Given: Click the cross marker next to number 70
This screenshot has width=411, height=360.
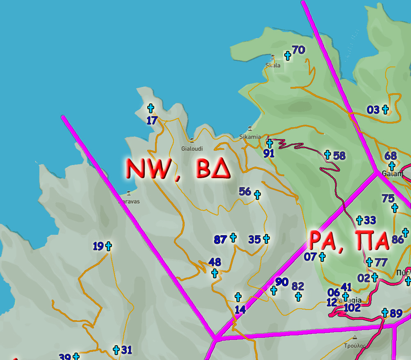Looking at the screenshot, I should point(288,55).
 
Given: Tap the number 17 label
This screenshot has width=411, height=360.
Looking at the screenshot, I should point(152,120).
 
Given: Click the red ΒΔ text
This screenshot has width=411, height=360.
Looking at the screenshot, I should point(213,168).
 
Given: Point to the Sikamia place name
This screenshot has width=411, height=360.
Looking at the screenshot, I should point(250,137).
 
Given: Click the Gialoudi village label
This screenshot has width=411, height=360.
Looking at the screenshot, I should point(192,149).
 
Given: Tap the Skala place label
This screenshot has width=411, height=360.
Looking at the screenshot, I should point(273,65).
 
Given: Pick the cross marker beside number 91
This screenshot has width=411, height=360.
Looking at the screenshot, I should point(269,143).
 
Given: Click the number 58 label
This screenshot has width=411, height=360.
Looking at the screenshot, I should point(339,156).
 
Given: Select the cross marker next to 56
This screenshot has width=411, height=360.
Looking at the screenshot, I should point(257,195).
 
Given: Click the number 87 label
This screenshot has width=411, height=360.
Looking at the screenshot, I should point(220,239).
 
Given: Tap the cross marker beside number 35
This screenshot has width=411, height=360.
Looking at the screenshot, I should point(266,238).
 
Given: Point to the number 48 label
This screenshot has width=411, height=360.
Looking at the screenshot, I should point(215,262).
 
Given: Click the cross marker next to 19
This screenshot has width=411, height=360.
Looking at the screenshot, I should point(108,246).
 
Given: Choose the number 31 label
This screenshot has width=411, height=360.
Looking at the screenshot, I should point(127,350).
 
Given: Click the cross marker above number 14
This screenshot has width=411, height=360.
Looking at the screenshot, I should point(238,297).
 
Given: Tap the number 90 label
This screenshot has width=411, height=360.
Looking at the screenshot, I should point(282,282).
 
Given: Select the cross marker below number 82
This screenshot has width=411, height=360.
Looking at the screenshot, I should point(299,296).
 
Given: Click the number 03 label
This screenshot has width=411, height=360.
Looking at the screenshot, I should point(373,110).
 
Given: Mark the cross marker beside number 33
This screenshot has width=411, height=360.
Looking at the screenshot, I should point(360,220).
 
